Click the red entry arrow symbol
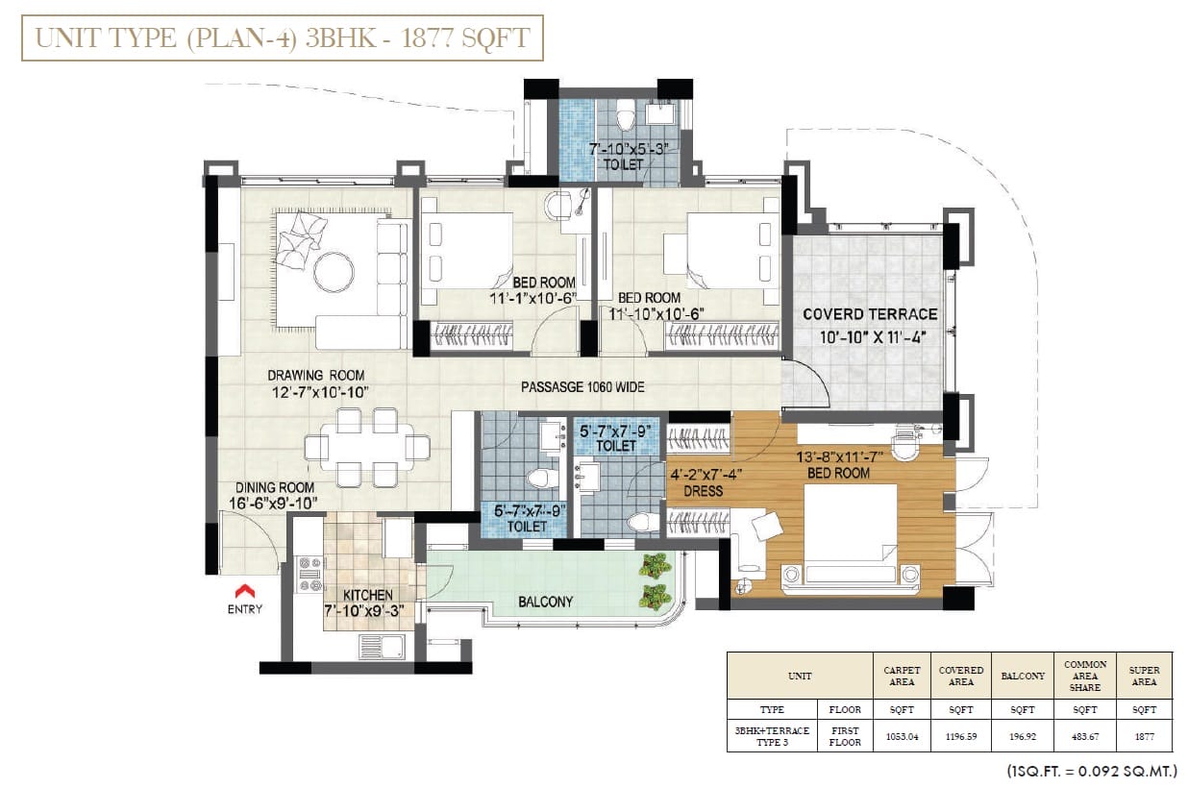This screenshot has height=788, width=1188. point(244,591)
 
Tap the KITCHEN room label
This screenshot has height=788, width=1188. point(367,595)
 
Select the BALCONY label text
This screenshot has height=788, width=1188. point(545,602)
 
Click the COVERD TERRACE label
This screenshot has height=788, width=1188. point(870,314)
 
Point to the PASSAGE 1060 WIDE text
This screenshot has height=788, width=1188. point(582,387)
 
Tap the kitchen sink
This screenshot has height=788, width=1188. point(382,648)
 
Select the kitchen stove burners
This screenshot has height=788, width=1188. point(310,574)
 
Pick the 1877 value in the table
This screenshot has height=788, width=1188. point(1144,736)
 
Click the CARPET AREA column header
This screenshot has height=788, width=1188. point(902,677)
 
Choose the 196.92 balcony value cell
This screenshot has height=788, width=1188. point(1022,736)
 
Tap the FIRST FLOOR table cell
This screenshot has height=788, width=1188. point(845,736)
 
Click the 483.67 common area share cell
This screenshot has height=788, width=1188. point(1084,736)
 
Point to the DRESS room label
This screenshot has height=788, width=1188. point(704,491)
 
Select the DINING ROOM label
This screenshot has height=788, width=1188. point(275,487)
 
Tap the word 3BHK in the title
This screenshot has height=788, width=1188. point(340,38)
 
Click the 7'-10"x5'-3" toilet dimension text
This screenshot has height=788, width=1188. point(629,149)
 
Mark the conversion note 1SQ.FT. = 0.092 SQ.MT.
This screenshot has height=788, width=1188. point(1092,771)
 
